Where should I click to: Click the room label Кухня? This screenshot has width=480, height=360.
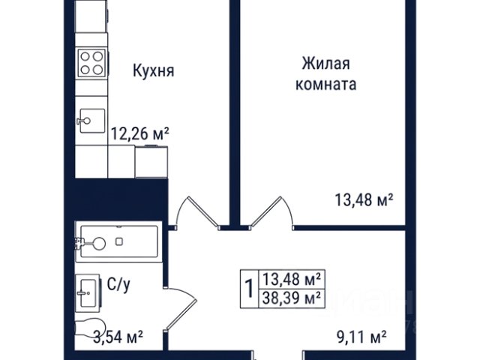coord(154,70)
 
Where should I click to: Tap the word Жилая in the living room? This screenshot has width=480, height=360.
coord(325,64)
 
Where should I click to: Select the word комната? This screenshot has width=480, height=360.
coord(325,84)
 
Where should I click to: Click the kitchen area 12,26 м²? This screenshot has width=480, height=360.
coord(140,133)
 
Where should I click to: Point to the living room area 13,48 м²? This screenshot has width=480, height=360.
coord(364,200)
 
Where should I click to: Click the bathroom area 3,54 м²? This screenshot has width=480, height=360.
coord(118,337)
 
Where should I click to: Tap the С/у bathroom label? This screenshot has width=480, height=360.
coord(118,285)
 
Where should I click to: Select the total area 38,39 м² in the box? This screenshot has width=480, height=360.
coord(292,298)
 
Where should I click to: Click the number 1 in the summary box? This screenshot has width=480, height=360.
coord(250,289)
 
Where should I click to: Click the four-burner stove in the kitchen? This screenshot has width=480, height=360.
coord(91,63)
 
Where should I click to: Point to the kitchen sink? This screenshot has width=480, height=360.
coord(91,121)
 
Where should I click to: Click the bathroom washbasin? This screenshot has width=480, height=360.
coord(88,293)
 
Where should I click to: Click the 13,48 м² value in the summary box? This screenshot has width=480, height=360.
coord(292,279)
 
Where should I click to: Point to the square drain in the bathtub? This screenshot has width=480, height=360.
coord(119,241)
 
